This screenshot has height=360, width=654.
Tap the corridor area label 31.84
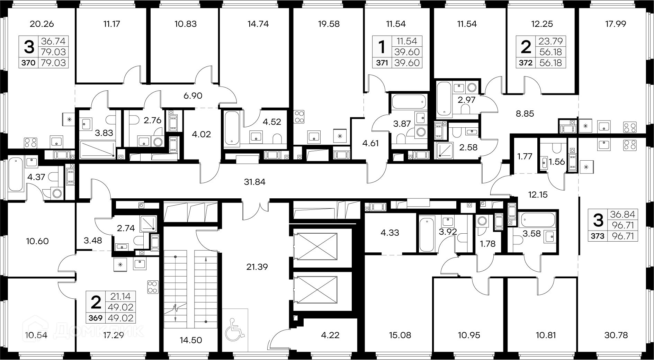click(x=254, y=182)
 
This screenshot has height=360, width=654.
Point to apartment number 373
click(x=598, y=236)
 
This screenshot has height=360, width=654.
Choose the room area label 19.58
click(x=329, y=24)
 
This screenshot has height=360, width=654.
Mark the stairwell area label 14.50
click(x=191, y=340)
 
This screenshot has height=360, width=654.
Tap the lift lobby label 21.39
click(x=257, y=267)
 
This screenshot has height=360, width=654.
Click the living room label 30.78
click(x=616, y=335)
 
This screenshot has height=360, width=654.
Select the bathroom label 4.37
click(x=36, y=177)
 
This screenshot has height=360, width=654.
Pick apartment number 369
click(x=96, y=318)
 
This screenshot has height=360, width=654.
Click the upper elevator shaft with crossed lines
click(x=315, y=246)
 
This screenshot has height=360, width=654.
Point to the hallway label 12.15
click(x=538, y=195)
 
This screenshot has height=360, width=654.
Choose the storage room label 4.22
click(x=330, y=335)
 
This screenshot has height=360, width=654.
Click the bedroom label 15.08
click(x=397, y=335)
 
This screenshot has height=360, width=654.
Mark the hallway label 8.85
click(x=525, y=114)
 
